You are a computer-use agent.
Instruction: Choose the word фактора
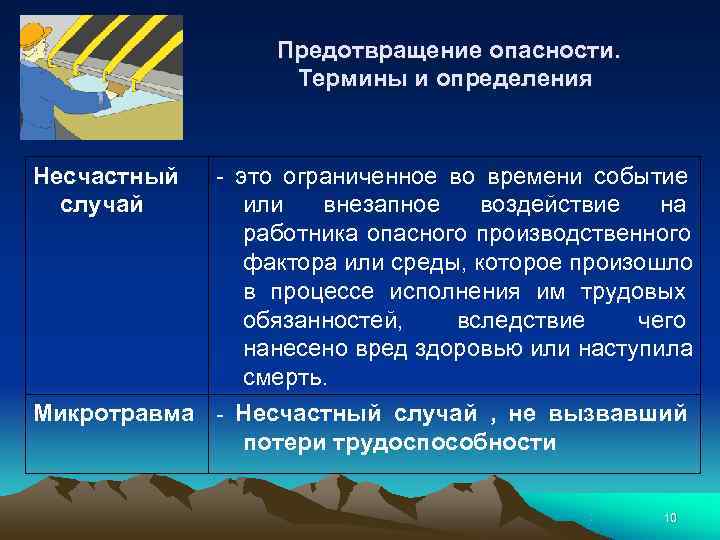pyautogui.click(x=284, y=263)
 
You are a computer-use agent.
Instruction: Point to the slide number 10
pyautogui.click(x=670, y=517)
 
